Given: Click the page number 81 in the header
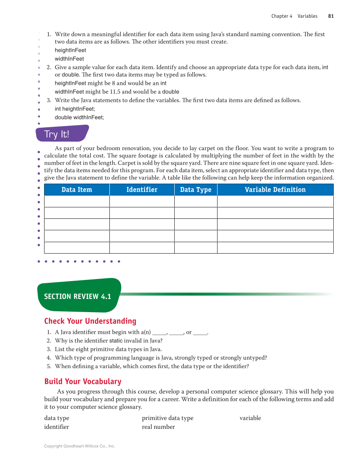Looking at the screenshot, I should click(331, 16).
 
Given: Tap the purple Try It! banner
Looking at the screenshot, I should click(62, 134).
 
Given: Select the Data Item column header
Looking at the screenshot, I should click(77, 190).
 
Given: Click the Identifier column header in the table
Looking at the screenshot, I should click(142, 190).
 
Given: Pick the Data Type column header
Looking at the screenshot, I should click(195, 190).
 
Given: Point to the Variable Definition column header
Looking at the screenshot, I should click(275, 190).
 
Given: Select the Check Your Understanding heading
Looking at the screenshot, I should click(90, 321).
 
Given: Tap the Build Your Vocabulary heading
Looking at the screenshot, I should click(83, 381).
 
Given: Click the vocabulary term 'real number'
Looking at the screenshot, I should click(158, 427).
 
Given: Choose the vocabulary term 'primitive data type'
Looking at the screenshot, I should click(167, 418).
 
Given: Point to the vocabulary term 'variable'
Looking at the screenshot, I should click(250, 418).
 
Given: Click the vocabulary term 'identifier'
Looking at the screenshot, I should click(56, 427).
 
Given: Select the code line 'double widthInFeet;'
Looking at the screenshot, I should click(79, 117).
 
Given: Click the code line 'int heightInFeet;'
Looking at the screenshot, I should click(75, 109).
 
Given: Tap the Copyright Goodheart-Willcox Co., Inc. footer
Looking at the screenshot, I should click(80, 446).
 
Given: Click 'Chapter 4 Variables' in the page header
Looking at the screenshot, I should click(294, 16).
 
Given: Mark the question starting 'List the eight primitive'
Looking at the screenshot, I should click(108, 349).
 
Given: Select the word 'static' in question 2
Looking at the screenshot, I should click(116, 341).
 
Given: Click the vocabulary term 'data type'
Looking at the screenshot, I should click(56, 418).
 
